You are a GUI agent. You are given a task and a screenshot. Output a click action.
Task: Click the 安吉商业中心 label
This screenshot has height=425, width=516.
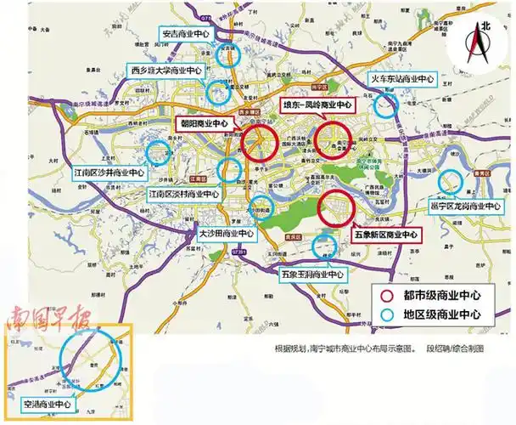(186, 35)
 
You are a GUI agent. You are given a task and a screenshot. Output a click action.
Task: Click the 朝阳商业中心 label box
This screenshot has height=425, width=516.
(205, 122)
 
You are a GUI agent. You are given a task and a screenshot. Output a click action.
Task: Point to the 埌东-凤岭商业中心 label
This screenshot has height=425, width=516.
(317, 105)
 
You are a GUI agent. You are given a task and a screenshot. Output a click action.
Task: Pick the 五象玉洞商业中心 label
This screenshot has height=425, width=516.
(313, 275)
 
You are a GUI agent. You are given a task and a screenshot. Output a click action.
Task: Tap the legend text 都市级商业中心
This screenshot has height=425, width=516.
(442, 296)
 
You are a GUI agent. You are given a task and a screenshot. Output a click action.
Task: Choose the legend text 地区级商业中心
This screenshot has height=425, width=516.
(442, 314)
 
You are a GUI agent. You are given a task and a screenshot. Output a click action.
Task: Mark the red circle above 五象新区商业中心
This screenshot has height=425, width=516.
(336, 207)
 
